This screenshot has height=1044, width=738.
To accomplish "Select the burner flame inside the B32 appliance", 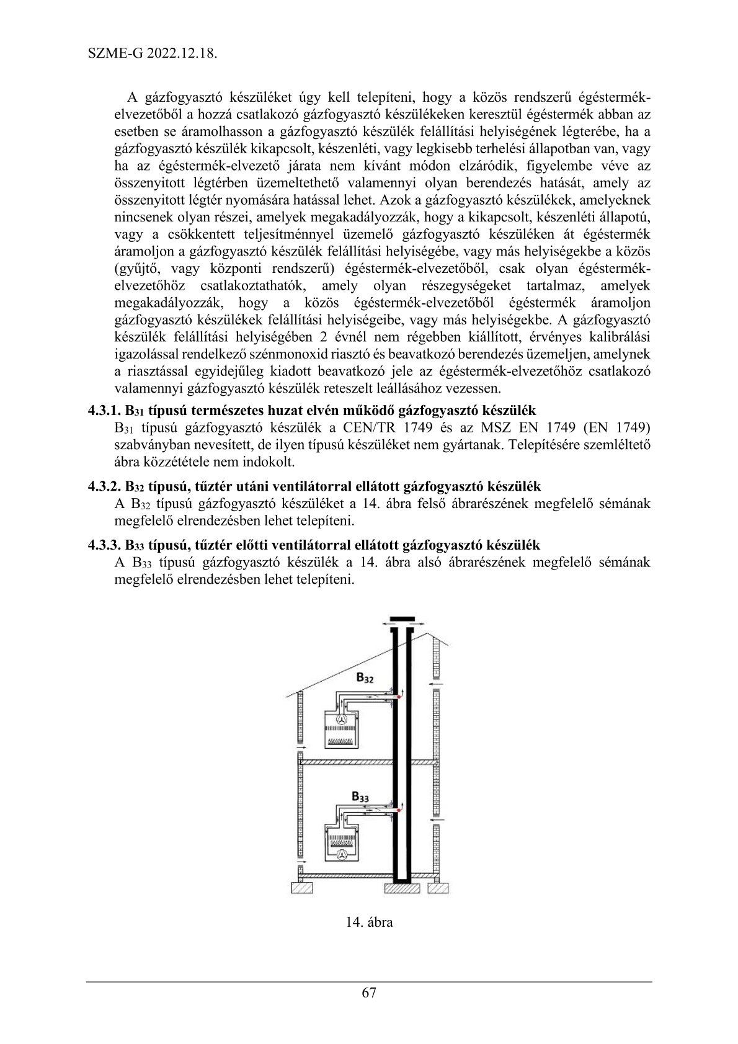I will [x=340, y=741].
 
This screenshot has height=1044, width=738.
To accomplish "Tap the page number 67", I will [x=369, y=992].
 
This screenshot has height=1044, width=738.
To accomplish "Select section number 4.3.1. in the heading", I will [x=104, y=410].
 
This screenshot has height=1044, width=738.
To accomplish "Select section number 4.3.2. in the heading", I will [x=104, y=485].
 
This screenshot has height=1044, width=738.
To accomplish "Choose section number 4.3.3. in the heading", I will [x=104, y=545].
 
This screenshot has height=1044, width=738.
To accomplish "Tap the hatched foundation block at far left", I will [x=302, y=889].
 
